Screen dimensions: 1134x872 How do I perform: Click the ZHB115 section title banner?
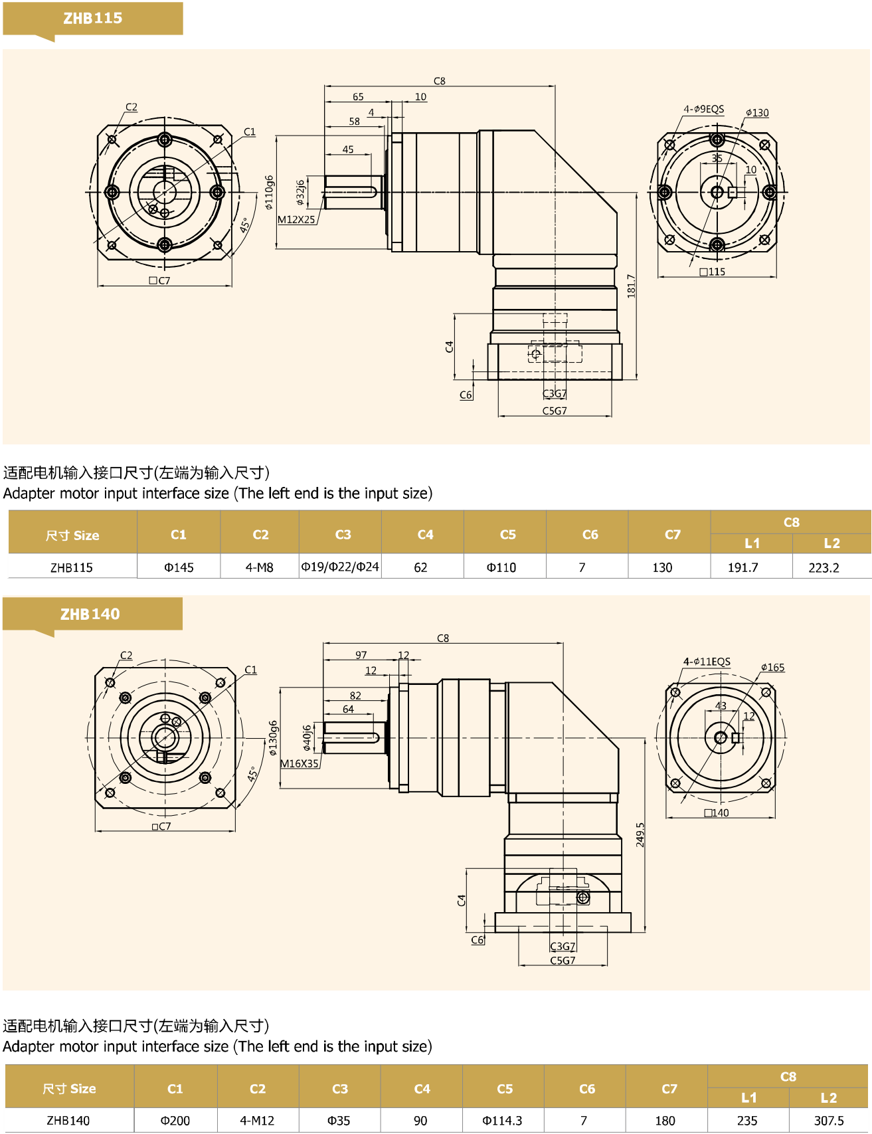coord(93,19)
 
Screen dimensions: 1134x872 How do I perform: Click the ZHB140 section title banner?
coord(90,614)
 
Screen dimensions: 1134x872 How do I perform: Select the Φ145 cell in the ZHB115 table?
coord(179,567)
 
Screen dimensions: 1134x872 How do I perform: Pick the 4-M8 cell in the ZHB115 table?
coord(260,567)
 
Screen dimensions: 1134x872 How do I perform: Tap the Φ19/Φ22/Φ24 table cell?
coord(340,567)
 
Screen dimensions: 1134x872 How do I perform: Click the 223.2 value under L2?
coord(824,567)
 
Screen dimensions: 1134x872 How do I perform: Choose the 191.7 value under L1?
coord(742,567)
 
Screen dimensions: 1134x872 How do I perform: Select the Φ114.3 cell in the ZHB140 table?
coord(502,1121)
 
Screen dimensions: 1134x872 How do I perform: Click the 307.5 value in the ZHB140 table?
coord(829,1121)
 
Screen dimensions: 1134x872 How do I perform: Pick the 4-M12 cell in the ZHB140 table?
coord(257,1121)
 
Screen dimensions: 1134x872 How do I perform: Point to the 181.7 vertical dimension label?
coord(631,286)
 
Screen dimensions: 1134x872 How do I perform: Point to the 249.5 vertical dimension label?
coord(640,834)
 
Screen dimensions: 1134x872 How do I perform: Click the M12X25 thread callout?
coord(296,219)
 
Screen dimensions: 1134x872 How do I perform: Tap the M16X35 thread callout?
coord(300,763)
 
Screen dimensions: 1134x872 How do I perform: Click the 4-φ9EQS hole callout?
coord(704,109)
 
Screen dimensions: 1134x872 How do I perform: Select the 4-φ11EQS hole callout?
coord(707,662)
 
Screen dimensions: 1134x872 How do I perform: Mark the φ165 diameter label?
coord(772,667)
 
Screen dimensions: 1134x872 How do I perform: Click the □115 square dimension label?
coord(713,272)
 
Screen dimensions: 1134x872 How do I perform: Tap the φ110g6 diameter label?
coord(269,193)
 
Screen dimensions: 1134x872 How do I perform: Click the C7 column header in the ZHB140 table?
coord(669,1089)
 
